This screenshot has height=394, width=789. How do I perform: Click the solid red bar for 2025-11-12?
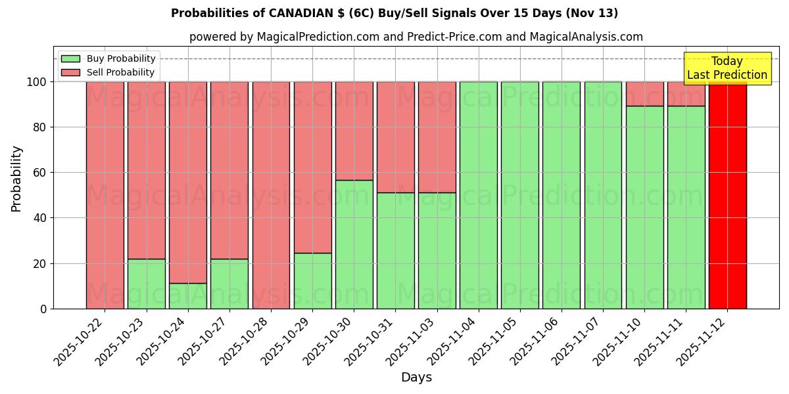727,195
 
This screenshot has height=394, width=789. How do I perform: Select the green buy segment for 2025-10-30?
354,244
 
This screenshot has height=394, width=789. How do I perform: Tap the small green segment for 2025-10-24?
187,296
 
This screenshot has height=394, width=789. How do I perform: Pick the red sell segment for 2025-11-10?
644,94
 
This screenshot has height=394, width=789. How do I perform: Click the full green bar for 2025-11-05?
519,195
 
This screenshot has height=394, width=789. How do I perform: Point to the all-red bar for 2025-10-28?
271,195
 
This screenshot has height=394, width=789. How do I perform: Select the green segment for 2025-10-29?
312,281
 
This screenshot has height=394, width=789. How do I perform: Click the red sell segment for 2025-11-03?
437,137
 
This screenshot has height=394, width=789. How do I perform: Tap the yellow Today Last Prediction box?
727,68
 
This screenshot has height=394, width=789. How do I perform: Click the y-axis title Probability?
16,179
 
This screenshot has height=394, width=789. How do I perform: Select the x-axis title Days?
416,378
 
